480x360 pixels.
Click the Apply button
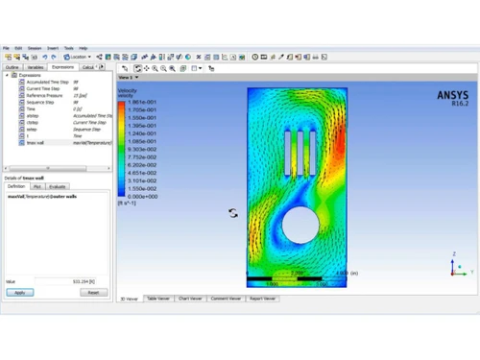[x=19, y=292]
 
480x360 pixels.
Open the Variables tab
[x=36, y=68]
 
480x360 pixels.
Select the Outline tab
[x=12, y=68]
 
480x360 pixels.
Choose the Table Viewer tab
[x=159, y=299]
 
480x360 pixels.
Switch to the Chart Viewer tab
[x=192, y=299]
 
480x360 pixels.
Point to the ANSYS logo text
[x=452, y=95]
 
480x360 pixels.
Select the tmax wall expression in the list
[x=36, y=142]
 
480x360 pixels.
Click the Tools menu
[x=66, y=47]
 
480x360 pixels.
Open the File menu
[x=6, y=47]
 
